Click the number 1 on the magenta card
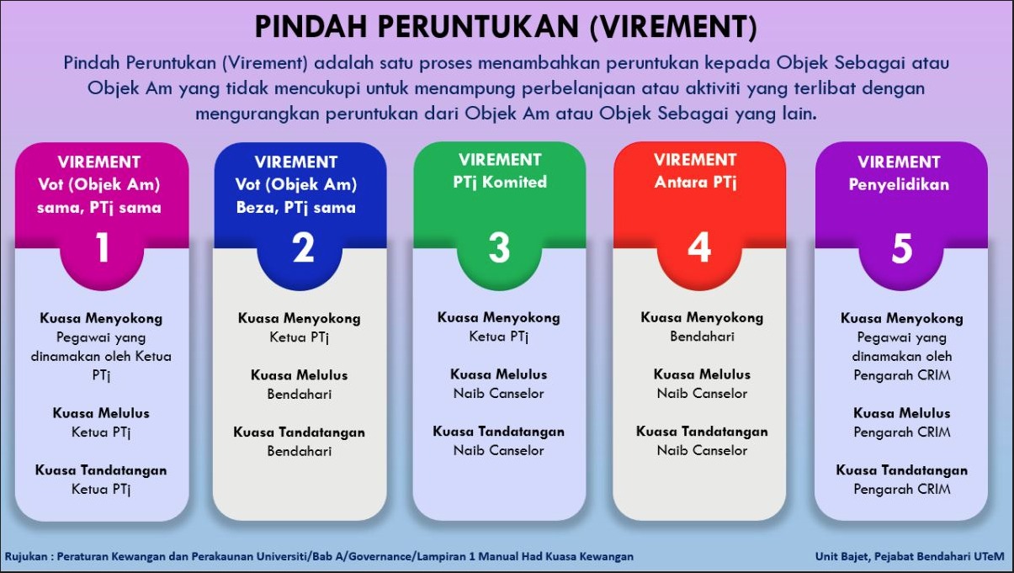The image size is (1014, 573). tap(103, 247)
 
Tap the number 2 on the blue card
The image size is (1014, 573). tap(303, 247)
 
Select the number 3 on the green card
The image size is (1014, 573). tap(499, 247)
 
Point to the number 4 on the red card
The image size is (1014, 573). tap(699, 247)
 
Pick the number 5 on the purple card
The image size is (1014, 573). tap(902, 248)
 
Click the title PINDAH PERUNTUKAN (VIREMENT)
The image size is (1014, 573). tap(506, 27)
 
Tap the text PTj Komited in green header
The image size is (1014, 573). tap(500, 182)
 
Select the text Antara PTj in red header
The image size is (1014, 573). tap(695, 182)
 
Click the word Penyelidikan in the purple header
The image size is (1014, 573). tap(899, 184)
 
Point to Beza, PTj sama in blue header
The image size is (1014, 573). tap(296, 208)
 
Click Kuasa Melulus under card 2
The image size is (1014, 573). tap(300, 375)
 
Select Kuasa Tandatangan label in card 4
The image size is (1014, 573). tap(702, 432)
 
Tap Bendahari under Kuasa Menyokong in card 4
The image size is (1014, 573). tap(702, 337)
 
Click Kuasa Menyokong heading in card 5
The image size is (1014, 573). tap(902, 318)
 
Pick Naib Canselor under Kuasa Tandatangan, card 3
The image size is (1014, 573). tap(498, 450)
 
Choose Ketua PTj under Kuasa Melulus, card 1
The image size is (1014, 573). tap(101, 432)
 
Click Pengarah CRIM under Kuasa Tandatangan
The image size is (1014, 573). tap(902, 489)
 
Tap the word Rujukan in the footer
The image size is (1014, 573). tap(26, 557)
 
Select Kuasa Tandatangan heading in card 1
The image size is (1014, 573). tap(101, 470)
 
